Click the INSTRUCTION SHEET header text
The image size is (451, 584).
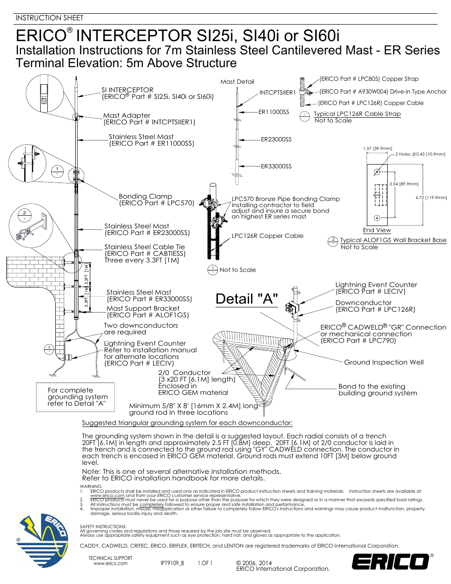pos(49,18)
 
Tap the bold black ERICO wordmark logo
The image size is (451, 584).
pos(390,562)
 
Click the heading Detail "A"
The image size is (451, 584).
pos(246,299)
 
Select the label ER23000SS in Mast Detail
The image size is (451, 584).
pos(276,139)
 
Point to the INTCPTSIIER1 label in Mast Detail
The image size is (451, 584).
pos(278,93)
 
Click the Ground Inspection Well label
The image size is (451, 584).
pos(383,362)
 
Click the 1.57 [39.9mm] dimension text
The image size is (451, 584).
pos(377,148)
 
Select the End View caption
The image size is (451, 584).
pos(377,230)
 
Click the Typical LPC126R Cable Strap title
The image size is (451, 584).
pos(357,114)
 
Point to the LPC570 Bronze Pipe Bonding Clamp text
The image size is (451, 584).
pos(286,199)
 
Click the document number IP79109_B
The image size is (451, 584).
pos(172,563)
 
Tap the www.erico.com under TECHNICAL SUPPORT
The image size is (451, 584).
pos(110,564)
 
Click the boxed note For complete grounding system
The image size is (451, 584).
pos(76,397)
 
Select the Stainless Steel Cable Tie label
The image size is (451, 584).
pos(145,247)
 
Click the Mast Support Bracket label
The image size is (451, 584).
pos(143,308)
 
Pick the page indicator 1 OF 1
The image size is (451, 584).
pos(205,563)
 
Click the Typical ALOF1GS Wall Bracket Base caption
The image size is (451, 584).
pos(393,240)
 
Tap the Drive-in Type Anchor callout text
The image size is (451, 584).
pos(382,92)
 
